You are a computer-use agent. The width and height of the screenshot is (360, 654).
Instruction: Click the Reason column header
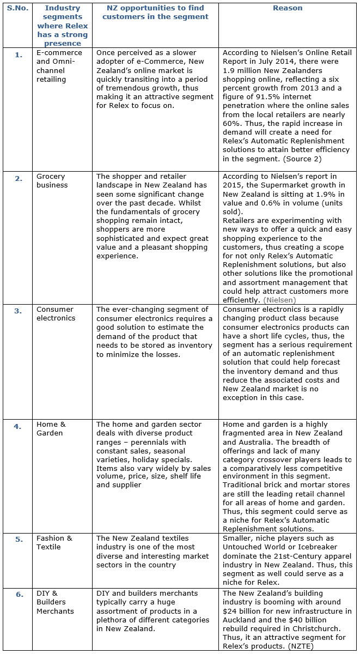[287, 8]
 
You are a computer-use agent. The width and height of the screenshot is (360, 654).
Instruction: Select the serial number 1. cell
[19, 55]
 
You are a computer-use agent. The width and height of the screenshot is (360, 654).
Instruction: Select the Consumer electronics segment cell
[55, 313]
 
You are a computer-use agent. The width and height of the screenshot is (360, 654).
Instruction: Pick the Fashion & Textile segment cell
[54, 542]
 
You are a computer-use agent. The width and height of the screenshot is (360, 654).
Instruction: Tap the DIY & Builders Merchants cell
[55, 602]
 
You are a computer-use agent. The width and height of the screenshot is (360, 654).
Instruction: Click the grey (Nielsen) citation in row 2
[279, 300]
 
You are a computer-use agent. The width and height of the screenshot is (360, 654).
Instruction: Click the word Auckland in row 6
[241, 620]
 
